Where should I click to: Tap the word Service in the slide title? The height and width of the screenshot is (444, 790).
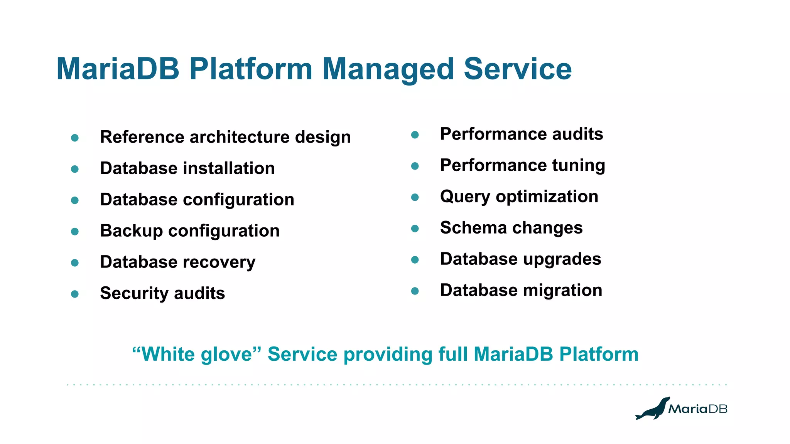coord(517,69)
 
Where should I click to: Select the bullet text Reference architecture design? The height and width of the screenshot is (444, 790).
coord(225,137)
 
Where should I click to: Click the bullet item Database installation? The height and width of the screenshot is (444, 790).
coord(187,168)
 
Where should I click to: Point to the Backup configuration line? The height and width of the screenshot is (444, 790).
coord(190,231)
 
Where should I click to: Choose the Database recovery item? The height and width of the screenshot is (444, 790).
coord(177,262)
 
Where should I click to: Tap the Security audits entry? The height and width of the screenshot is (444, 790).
coord(162,293)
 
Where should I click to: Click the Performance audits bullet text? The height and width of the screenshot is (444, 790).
coord(521,134)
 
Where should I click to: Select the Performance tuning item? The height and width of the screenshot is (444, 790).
coord(522,165)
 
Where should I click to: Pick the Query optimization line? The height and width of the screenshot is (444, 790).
coord(519,197)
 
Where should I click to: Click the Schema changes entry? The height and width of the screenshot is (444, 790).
coord(511,228)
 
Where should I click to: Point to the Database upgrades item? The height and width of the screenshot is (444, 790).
coord(520,259)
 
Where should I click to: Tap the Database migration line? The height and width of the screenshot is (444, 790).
coord(521,290)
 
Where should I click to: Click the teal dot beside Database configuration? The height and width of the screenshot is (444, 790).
coord(75,200)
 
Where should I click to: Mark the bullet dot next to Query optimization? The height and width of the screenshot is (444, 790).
coord(415,197)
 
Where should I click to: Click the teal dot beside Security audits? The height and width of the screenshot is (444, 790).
coord(75,294)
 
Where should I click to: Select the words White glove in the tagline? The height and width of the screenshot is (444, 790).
coord(197,354)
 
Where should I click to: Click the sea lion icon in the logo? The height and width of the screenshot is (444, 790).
coord(652,409)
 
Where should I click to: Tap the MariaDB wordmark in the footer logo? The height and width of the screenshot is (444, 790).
coord(697,409)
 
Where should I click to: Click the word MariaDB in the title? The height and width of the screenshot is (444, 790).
coord(118,69)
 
